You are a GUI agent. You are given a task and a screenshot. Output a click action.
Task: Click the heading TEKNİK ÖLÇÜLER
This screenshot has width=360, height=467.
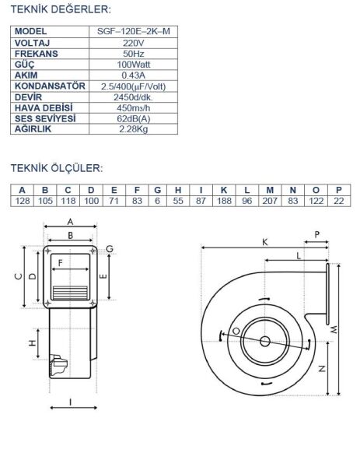56,167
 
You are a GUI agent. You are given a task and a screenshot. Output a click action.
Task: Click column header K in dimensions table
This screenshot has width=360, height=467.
224,190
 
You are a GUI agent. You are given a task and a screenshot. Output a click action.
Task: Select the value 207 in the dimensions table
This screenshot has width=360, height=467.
269,201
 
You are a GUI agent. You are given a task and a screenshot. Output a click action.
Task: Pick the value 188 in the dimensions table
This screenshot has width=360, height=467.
224,201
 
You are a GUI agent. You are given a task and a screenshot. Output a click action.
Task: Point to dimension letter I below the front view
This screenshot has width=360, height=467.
71,402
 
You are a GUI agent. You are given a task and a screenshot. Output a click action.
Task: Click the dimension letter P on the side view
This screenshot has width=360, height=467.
316,233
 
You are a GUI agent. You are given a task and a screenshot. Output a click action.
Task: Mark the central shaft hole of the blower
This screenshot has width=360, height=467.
265,341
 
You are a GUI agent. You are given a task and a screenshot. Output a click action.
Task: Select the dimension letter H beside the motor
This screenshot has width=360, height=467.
33,343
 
